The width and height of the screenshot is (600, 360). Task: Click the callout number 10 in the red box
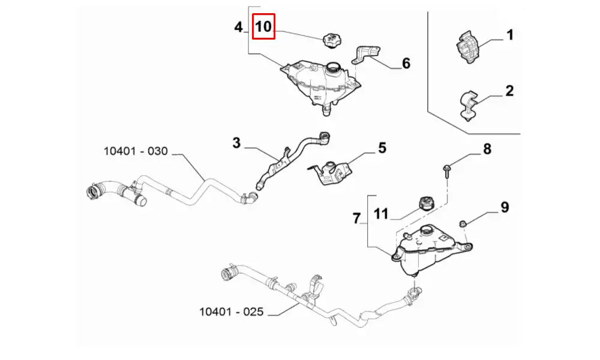pyautogui.click(x=264, y=27)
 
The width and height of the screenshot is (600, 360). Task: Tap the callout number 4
pyautogui.click(x=239, y=27)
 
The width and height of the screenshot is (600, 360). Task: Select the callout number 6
pyautogui.click(x=406, y=62)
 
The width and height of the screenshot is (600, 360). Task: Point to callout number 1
pyautogui.click(x=510, y=35)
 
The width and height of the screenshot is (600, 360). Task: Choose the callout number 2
pyautogui.click(x=509, y=91)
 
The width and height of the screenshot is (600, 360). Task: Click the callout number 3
pyautogui.click(x=236, y=143)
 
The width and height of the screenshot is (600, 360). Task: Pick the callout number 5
pyautogui.click(x=382, y=148)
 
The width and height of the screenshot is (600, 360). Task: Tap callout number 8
pyautogui.click(x=487, y=149)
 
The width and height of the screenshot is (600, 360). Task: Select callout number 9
pyautogui.click(x=505, y=207)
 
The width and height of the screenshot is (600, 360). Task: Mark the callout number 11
pyautogui.click(x=382, y=213)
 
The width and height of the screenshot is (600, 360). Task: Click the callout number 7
pyautogui.click(x=357, y=219)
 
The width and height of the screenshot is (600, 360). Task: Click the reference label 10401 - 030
pyautogui.click(x=136, y=151)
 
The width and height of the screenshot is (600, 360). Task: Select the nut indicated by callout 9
pyautogui.click(x=463, y=224)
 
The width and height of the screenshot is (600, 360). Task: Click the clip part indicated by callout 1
pyautogui.click(x=467, y=46)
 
